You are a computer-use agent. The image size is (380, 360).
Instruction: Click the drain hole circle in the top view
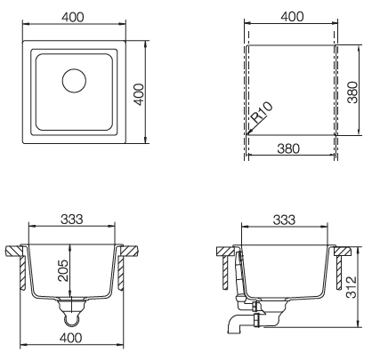pos(75,80)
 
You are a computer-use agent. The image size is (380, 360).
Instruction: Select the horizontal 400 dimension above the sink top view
pos(74,17)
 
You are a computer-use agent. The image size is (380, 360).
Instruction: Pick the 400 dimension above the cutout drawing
pos(291,17)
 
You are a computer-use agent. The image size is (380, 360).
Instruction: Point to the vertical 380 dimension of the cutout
pos(352,89)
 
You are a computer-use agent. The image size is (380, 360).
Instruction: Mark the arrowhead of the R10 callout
pos(248,131)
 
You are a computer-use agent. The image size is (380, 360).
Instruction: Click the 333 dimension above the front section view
pos(74,220)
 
